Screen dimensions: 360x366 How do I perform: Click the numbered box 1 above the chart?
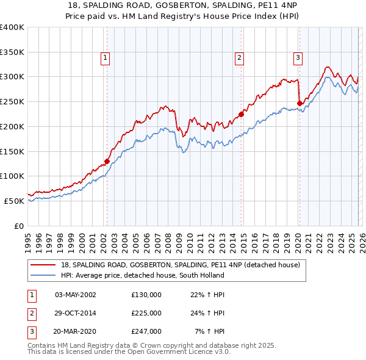(x=106, y=58)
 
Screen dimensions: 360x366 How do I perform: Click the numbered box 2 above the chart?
(x=239, y=58)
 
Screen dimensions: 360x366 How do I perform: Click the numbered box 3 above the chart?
(x=298, y=58)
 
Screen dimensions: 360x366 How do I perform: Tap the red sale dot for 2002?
(x=107, y=162)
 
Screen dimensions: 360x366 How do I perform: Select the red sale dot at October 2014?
(x=241, y=113)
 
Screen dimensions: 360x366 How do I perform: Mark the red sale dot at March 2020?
(x=300, y=103)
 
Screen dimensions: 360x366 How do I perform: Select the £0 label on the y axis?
(x=20, y=226)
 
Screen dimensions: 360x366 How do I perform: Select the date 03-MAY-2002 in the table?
(x=76, y=294)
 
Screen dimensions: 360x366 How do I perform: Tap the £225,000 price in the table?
(x=146, y=313)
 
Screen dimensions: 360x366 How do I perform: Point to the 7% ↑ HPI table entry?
(x=209, y=332)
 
